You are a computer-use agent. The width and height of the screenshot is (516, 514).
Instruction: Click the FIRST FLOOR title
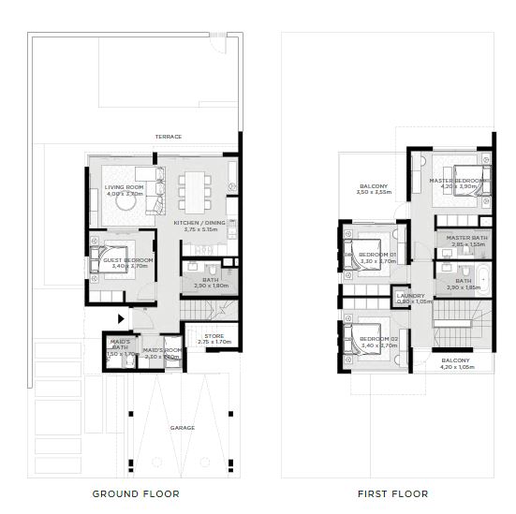[x=392, y=493]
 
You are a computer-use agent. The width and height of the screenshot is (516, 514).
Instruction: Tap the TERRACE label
[x=169, y=137]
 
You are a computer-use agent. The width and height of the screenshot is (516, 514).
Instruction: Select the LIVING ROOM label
[x=124, y=187]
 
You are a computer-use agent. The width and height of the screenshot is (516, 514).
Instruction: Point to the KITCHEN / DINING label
[x=200, y=222]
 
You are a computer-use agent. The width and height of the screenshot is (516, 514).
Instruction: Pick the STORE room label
[x=214, y=335]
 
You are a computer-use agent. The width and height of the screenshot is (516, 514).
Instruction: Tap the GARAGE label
[x=183, y=428]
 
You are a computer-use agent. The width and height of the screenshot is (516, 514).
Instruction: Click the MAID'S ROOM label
[x=161, y=350]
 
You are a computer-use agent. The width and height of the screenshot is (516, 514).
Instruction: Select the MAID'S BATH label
[x=120, y=344]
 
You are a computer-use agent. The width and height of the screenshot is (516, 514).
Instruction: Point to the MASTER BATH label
[x=464, y=238]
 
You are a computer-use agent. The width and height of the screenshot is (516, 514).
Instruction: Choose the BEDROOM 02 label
[x=379, y=337]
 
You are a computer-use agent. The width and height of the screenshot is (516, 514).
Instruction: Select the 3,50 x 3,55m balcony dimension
[x=374, y=192]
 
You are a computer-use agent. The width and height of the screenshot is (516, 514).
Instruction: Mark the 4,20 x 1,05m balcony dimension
[x=456, y=367]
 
